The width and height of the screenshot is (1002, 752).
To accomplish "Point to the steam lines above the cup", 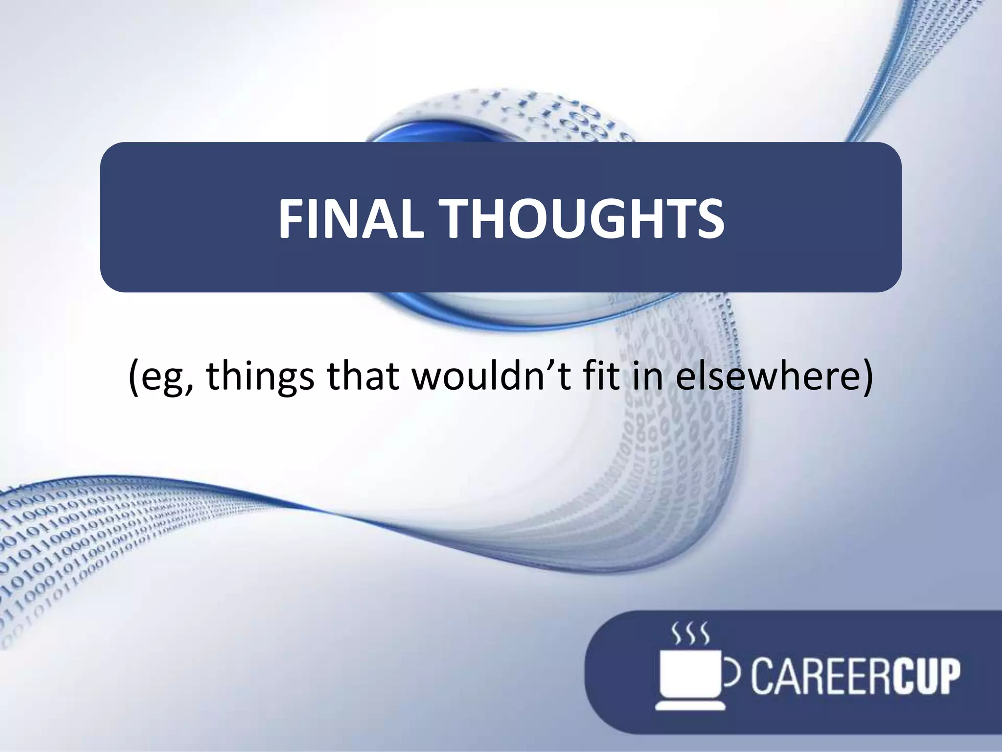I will [690, 634].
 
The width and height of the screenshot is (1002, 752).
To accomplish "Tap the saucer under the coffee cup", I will [690, 705].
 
